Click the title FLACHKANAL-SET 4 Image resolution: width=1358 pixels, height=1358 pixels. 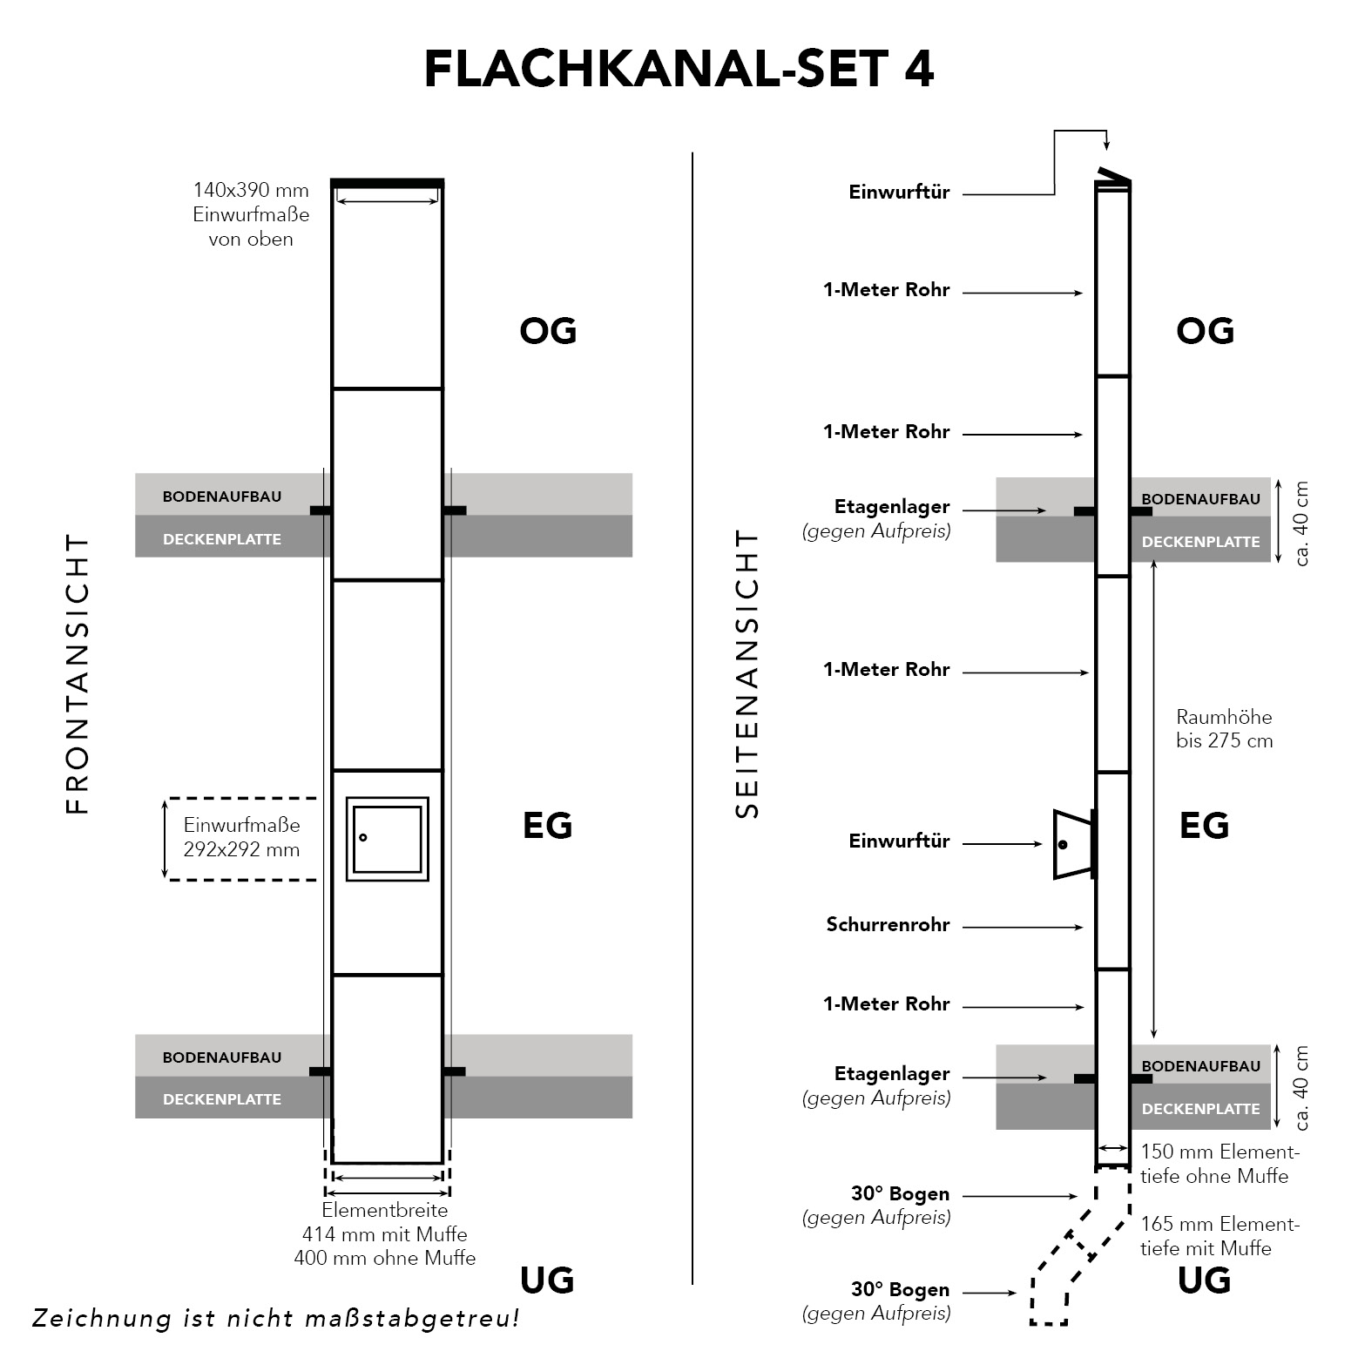679,70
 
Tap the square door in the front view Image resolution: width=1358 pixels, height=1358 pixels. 388,838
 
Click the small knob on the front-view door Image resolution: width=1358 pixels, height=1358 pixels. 363,838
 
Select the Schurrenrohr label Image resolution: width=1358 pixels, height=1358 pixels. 888,925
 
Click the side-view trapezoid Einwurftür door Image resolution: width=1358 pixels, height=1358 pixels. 1071,844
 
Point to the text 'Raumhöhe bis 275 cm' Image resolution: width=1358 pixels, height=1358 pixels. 1224,729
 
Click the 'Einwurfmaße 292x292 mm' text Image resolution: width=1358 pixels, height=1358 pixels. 241,837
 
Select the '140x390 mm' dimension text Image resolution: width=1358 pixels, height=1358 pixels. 251,191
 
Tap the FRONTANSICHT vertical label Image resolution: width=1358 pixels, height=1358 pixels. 78,674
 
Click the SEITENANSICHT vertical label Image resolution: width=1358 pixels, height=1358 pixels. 747,674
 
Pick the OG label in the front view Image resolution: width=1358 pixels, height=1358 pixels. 548,331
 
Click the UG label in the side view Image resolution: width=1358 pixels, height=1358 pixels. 1204,1280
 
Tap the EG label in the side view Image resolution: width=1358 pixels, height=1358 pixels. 1204,825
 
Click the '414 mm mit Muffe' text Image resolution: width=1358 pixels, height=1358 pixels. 384,1234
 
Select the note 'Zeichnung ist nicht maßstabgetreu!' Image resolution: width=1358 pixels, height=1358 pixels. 275,1319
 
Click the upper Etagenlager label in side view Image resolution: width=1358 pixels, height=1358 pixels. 891,507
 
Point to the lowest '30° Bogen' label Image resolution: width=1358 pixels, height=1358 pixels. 900,1290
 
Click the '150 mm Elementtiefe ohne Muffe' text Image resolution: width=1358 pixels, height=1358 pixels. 1219,1165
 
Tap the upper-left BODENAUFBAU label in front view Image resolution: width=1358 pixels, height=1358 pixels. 222,497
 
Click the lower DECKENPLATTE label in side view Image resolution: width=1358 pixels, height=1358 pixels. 1200,1109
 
